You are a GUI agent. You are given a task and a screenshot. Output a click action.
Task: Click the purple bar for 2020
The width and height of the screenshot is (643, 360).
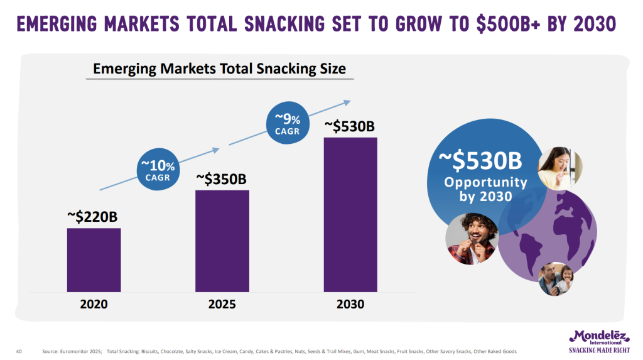94,260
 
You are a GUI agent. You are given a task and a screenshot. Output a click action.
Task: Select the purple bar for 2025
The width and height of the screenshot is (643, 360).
222,241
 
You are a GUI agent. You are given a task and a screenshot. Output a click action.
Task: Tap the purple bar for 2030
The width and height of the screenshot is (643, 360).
350,215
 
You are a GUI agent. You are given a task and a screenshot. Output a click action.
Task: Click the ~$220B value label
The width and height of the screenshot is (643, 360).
92,216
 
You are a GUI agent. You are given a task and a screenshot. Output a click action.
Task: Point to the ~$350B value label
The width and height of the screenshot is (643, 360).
221,178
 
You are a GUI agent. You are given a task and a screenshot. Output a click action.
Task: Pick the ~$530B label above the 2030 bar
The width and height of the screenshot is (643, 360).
349,126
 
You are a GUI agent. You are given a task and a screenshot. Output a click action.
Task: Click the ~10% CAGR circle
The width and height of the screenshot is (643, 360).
158,169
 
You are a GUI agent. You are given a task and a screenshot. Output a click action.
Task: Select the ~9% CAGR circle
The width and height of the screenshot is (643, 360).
288,123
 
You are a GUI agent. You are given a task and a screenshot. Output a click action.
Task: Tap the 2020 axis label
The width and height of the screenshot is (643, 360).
94,304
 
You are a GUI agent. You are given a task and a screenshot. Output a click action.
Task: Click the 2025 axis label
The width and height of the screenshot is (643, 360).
222,304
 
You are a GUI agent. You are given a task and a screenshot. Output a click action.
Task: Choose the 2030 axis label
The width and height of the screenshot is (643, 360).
350,304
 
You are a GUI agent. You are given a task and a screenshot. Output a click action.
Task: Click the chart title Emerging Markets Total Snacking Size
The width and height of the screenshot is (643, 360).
219,68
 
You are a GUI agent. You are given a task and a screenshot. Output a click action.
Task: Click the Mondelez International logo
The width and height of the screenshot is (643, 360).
599,341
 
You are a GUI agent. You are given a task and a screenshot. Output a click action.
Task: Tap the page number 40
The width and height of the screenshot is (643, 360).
19,351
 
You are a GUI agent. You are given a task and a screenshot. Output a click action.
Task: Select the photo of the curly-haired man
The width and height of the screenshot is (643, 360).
472,239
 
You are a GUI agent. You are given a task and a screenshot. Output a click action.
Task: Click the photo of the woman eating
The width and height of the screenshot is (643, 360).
560,168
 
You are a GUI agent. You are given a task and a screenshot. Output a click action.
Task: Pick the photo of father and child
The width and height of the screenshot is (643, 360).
556,279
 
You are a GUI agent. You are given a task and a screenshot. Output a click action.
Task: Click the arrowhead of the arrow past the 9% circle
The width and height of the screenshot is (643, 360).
347,102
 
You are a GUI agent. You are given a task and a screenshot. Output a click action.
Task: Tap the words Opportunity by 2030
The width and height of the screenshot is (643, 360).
485,189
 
